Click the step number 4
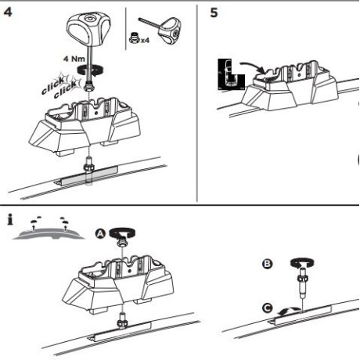(8, 12)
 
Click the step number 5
(214, 13)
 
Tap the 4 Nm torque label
(74, 59)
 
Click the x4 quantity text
(145, 41)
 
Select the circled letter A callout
(100, 234)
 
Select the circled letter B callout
(267, 264)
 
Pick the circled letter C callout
(267, 308)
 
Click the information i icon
(10, 219)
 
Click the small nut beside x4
(135, 38)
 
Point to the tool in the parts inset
(161, 29)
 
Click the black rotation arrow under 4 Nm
(91, 70)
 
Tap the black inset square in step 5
(231, 74)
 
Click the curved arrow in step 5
(253, 67)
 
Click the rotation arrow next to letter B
(302, 263)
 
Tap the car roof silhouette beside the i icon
(49, 234)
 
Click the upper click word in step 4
(53, 85)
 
